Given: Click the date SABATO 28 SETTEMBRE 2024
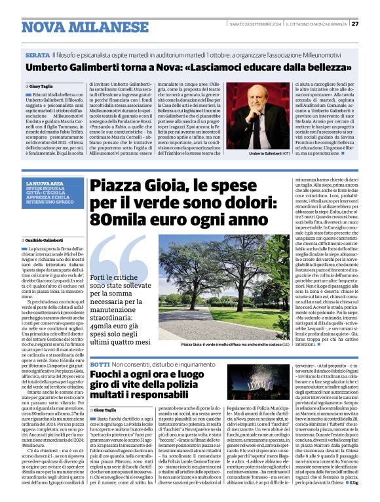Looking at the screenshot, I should [253, 25].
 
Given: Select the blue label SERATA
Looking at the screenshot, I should [37, 56].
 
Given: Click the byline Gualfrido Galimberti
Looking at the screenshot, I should [45, 241].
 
